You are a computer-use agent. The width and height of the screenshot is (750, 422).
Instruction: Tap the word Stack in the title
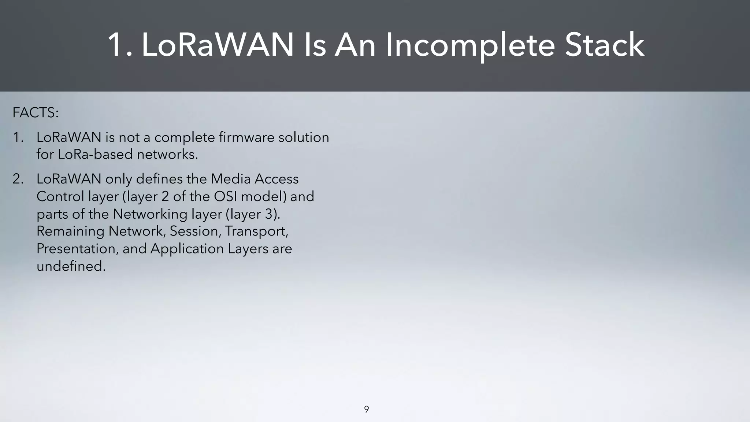pos(604,45)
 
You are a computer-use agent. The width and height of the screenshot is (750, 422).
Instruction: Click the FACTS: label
pos(36,113)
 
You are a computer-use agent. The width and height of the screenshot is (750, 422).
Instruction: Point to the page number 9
pos(366,410)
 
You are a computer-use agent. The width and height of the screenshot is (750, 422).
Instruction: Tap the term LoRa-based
pos(94,155)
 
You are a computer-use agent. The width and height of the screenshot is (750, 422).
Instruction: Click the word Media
pos(230,179)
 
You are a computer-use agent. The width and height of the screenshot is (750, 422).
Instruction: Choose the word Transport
pos(256,231)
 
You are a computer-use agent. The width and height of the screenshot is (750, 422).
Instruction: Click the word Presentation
pos(78,249)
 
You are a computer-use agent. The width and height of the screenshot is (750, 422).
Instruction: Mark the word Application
pos(187,249)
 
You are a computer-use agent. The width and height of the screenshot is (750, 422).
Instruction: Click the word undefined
pos(71,266)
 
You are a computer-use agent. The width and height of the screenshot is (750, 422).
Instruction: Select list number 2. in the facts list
pos(18,179)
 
